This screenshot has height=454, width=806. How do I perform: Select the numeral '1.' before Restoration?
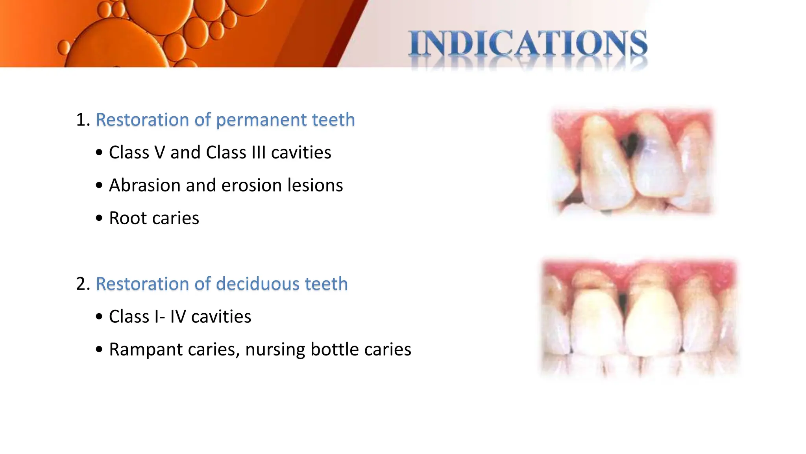tap(83, 120)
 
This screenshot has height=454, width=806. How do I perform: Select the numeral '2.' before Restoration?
tap(83, 284)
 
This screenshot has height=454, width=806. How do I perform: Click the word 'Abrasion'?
tap(144, 185)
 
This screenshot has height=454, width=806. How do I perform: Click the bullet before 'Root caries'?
tap(99, 218)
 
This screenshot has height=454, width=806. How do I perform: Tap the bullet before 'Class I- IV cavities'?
tap(99, 317)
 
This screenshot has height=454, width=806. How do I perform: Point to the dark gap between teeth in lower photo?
tap(623, 303)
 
